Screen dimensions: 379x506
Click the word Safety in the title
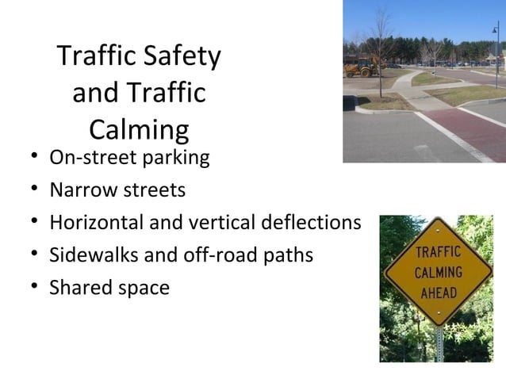tap(181, 56)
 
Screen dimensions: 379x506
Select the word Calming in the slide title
tap(139, 129)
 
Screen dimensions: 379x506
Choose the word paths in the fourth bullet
tap(287, 255)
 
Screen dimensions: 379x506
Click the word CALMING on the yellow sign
tap(438, 273)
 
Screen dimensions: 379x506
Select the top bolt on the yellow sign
tap(438, 232)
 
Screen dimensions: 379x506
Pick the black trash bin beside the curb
tap(349, 103)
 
